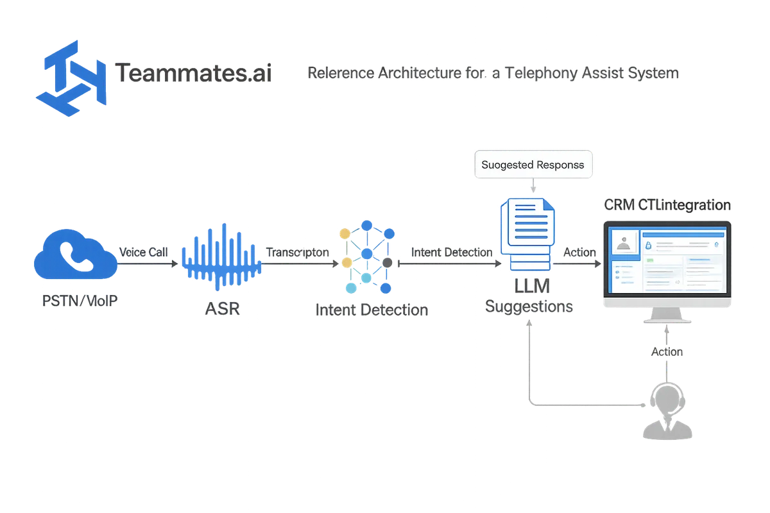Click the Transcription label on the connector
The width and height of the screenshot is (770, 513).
[x=298, y=252]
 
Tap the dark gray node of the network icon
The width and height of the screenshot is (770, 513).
[x=388, y=263]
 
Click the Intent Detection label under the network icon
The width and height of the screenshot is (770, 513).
[x=372, y=310]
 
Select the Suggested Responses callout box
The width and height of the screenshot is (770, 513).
[x=533, y=165]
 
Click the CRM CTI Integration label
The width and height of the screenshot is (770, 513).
[x=667, y=205]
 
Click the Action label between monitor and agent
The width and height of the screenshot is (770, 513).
[x=667, y=353]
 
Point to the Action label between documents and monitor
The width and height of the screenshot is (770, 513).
[x=579, y=252]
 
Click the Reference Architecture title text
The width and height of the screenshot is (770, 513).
[x=494, y=74]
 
